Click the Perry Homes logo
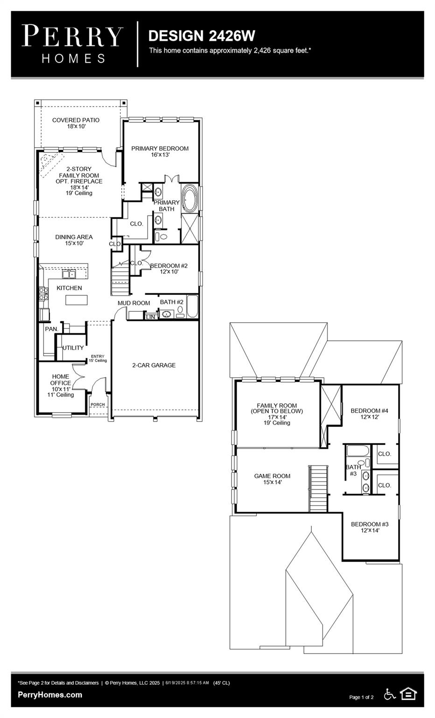click(73, 44)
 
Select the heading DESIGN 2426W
click(201, 36)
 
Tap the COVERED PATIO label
click(76, 123)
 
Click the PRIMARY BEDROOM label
click(160, 151)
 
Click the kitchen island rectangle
click(76, 300)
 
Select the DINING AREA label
click(74, 240)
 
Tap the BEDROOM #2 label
click(168, 268)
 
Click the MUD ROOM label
click(133, 303)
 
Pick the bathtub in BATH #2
click(192, 307)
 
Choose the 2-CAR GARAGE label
click(154, 365)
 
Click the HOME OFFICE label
click(61, 385)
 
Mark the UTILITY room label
click(73, 348)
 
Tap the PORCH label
click(98, 405)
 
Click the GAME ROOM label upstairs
click(272, 479)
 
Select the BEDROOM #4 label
click(369, 414)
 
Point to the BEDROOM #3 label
click(370, 527)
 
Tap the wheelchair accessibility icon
click(389, 694)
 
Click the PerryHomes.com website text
click(50, 695)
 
